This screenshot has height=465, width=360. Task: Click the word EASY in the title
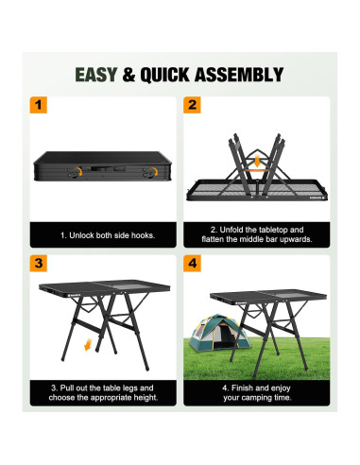pos(97,74)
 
